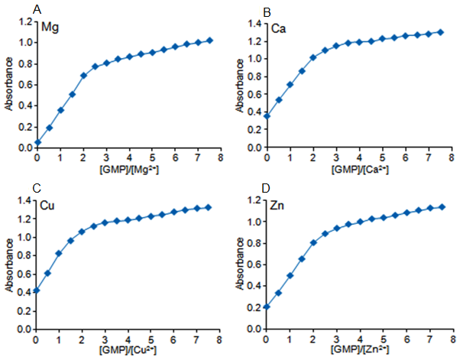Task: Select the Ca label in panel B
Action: click(x=279, y=28)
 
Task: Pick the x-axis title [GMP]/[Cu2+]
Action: click(x=127, y=349)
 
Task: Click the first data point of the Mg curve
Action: click(x=37, y=142)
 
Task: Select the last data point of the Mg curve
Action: click(x=210, y=40)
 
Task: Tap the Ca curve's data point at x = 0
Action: click(x=267, y=116)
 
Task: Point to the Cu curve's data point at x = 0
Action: click(x=37, y=290)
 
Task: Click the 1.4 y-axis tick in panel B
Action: click(x=255, y=23)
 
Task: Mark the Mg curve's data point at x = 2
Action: click(x=83, y=76)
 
